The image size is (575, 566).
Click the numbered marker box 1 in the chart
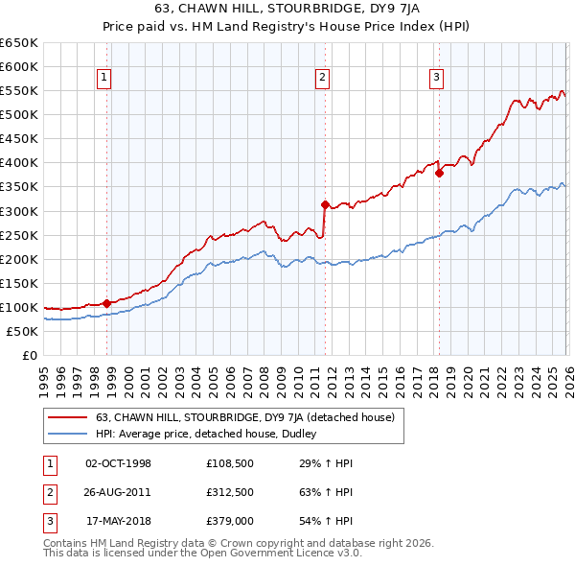tap(103, 79)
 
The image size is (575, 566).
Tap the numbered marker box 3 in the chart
tap(436, 79)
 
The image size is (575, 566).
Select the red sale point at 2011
tap(325, 204)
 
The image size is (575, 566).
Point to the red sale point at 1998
tap(107, 303)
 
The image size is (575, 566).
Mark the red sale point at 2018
tap(439, 173)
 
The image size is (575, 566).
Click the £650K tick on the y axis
tap(19, 43)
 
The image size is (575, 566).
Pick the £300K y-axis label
tap(19, 211)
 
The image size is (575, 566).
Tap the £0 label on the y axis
tap(29, 355)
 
